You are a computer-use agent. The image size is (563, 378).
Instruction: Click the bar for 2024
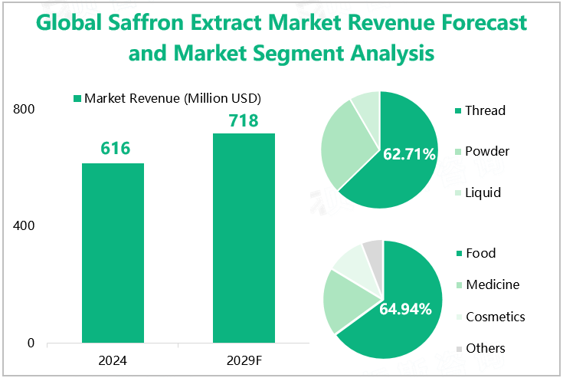click(x=113, y=253)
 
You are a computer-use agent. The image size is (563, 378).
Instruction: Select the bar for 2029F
click(x=244, y=238)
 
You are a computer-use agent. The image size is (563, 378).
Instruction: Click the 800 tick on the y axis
click(x=25, y=110)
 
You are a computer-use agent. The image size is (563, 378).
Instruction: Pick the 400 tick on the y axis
click(x=25, y=226)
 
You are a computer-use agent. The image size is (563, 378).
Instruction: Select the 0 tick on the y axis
click(x=31, y=343)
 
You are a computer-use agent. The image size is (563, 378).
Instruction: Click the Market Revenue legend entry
click(x=167, y=98)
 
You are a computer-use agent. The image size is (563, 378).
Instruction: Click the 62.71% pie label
click(x=409, y=155)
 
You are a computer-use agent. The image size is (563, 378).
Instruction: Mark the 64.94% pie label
click(x=405, y=309)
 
